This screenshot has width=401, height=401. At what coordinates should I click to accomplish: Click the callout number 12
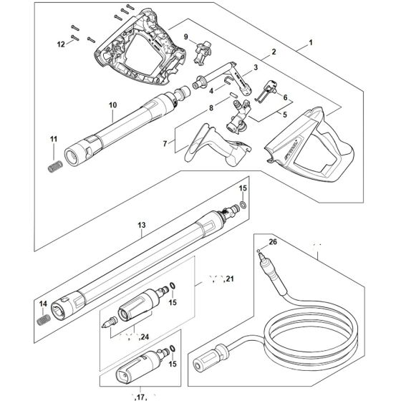(x=61, y=44)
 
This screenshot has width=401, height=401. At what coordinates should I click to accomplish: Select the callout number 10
(x=112, y=105)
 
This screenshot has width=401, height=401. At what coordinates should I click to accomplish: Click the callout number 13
(x=142, y=225)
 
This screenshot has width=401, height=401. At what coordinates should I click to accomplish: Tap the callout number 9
(x=185, y=37)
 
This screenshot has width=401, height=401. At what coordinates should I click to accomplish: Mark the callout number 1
(x=309, y=44)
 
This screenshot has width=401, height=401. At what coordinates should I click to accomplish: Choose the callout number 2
(x=274, y=53)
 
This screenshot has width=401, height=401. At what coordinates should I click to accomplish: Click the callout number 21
(x=229, y=278)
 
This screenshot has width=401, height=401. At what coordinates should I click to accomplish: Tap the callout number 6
(x=285, y=97)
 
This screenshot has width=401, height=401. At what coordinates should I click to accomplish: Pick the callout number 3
(x=256, y=67)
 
